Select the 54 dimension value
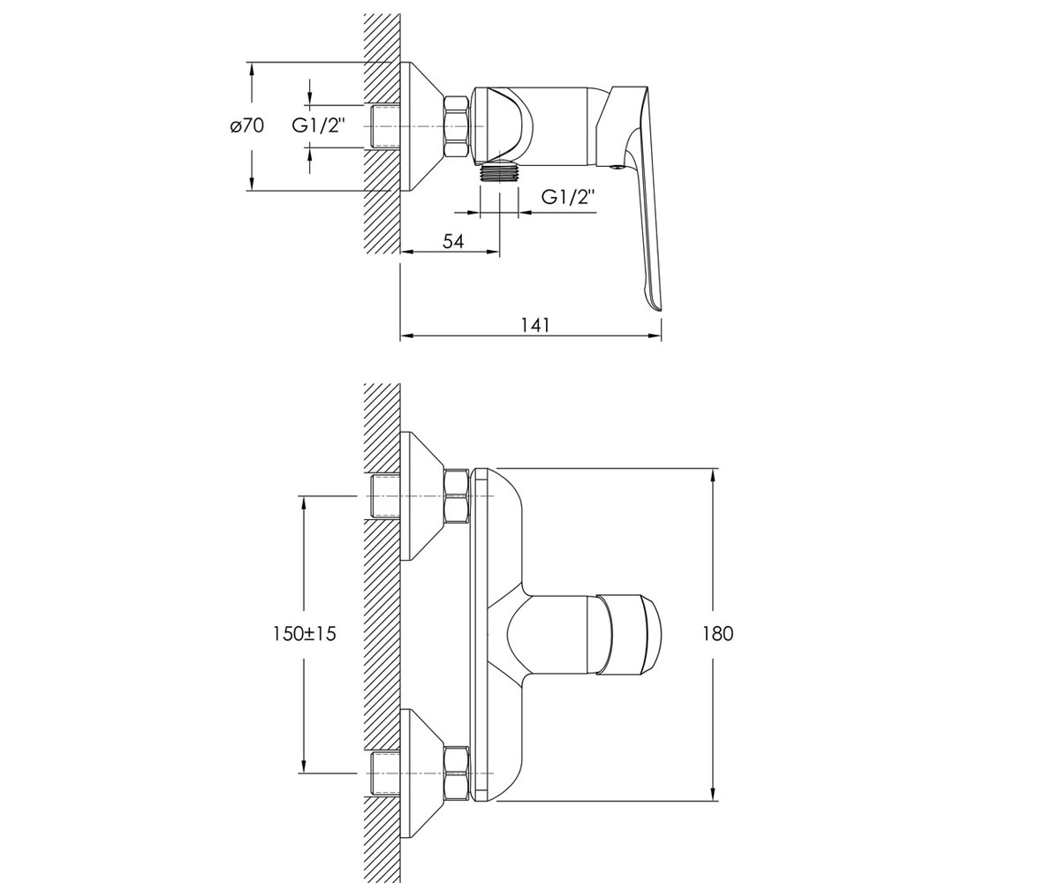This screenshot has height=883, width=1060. (x=453, y=241)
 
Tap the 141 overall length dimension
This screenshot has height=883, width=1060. (x=535, y=325)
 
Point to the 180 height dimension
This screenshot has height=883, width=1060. (x=718, y=634)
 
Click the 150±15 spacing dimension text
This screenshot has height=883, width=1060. (x=305, y=634)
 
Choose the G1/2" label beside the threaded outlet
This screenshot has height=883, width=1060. (x=568, y=196)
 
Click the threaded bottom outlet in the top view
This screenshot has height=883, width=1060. (x=500, y=171)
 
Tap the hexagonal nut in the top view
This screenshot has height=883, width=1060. (x=457, y=127)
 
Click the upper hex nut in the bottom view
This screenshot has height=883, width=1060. (x=457, y=495)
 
